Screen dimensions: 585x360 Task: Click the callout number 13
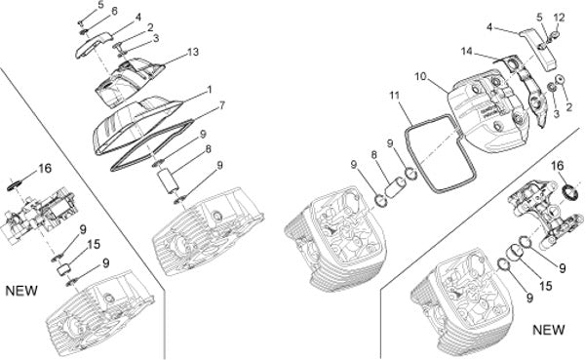click(192, 52)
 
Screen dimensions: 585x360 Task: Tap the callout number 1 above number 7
click(210, 90)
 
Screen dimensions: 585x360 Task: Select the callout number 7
click(222, 105)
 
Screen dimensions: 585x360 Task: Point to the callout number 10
click(420, 76)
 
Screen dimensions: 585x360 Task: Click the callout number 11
click(395, 96)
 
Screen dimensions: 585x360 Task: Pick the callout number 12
click(560, 18)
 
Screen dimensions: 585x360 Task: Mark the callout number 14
click(467, 51)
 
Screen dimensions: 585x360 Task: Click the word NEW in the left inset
click(21, 291)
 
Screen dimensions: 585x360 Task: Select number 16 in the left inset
click(45, 169)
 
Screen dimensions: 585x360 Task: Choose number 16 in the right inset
click(558, 166)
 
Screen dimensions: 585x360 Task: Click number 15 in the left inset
click(94, 244)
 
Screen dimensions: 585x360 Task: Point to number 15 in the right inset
click(545, 286)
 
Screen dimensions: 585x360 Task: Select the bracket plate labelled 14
click(526, 88)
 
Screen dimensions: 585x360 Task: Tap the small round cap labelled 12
click(556, 35)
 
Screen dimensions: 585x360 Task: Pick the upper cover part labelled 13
click(129, 80)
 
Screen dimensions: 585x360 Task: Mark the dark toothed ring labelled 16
click(570, 191)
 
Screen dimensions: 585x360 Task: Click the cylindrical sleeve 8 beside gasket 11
click(396, 187)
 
